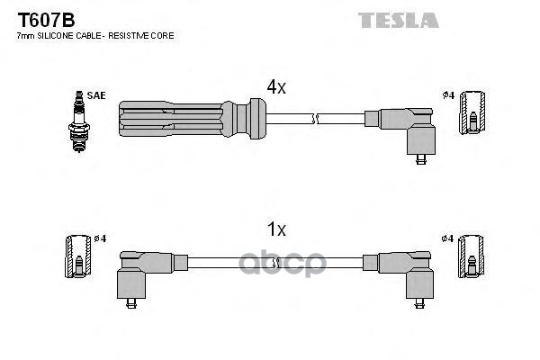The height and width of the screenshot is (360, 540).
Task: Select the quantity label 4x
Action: (x=275, y=87)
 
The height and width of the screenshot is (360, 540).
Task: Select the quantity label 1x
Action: (x=275, y=230)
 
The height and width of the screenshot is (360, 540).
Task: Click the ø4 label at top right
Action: (x=447, y=95)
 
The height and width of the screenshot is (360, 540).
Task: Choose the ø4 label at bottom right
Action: (x=447, y=238)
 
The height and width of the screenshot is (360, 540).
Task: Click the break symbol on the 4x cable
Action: (x=312, y=118)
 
